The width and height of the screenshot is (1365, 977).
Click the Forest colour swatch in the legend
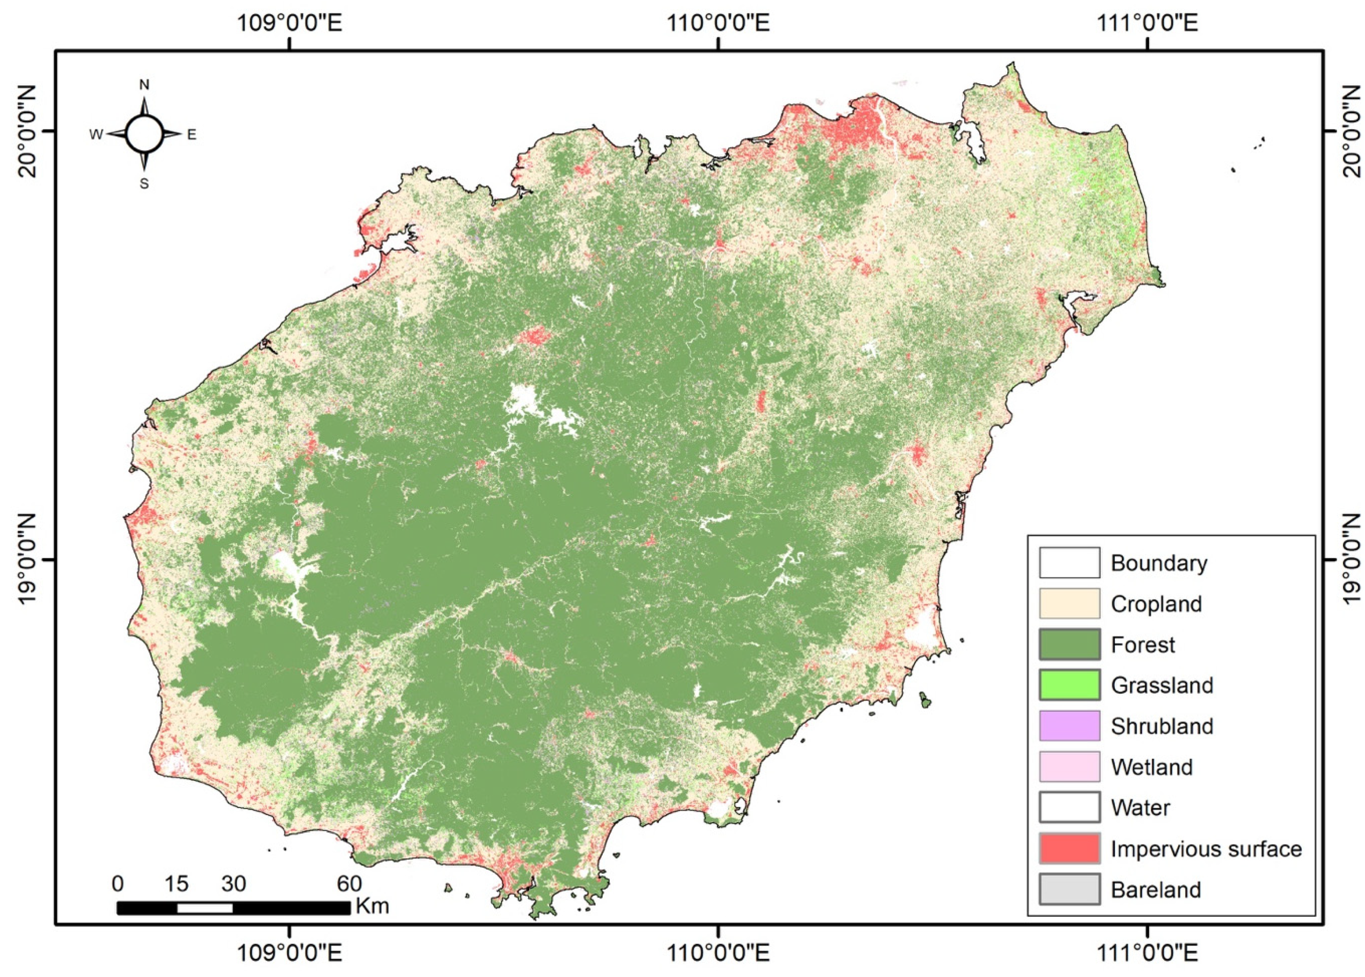pos(1069,644)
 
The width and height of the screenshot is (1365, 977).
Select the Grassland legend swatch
pos(1069,685)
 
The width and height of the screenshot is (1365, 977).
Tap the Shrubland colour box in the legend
pos(1069,726)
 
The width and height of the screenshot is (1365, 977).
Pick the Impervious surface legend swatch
pos(1069,848)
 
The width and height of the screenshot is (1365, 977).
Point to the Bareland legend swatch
pos(1069,889)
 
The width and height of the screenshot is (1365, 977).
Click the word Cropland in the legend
pos(1156,604)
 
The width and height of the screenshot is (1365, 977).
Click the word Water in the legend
pos(1140,807)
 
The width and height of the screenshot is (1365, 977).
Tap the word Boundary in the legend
pos(1159,563)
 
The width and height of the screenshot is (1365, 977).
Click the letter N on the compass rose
pos(144,85)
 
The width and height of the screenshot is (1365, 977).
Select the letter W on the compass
pos(96,135)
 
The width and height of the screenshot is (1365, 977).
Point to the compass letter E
pos(191,135)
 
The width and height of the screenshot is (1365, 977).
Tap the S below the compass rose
pos(144,184)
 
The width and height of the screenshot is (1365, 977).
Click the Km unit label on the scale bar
pos(372,906)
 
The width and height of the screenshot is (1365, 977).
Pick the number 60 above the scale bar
pos(349,884)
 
